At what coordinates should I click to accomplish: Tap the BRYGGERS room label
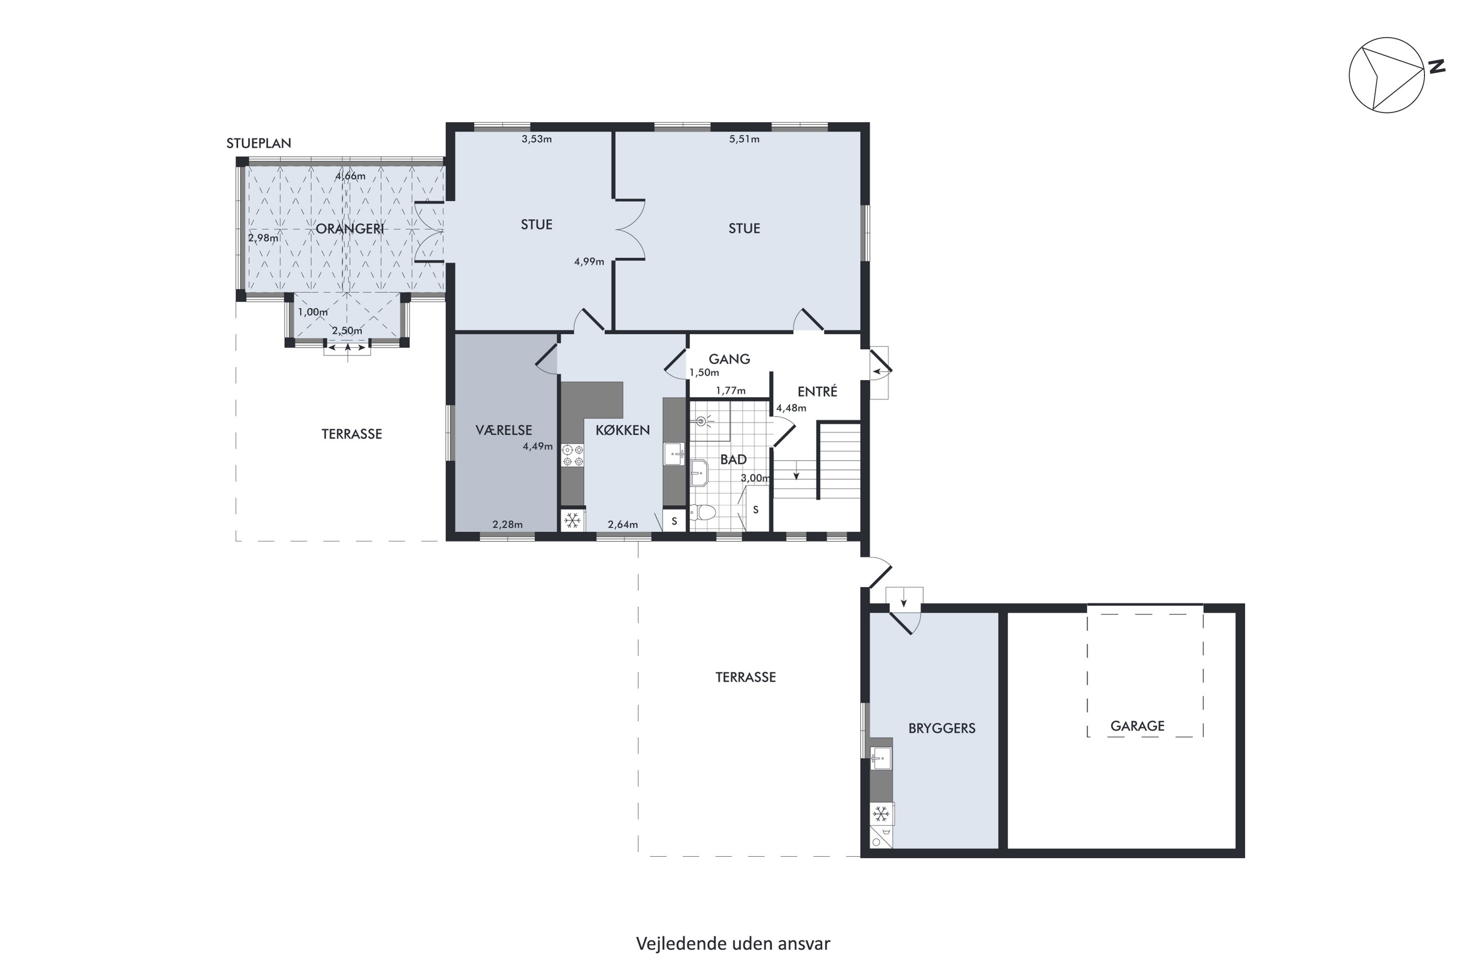point(941,728)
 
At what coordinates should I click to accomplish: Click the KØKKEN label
point(622,430)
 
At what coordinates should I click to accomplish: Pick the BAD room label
point(733,460)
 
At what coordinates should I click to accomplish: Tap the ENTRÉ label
point(817,391)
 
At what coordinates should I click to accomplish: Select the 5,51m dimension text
point(744,139)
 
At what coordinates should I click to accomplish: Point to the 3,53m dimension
point(536,139)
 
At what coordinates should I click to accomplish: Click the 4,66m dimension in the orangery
point(351,176)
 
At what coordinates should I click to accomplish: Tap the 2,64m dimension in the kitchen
point(622,525)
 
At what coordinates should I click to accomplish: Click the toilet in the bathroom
point(703,512)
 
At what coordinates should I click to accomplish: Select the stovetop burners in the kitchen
point(573,455)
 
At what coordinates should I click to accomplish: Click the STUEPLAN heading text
point(259,143)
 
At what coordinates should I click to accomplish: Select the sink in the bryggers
point(881,758)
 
